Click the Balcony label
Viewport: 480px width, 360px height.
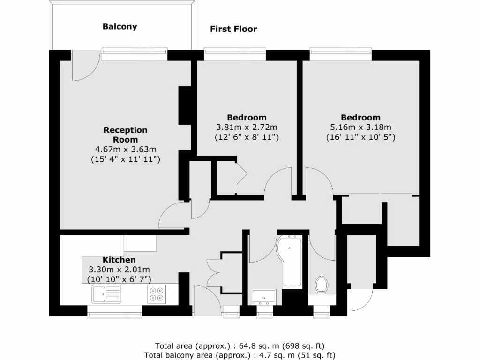tap(120, 27)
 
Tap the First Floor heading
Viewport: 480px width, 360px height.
tap(233, 29)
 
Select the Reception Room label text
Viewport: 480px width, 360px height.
tap(125, 135)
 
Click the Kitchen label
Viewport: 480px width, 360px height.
tap(120, 260)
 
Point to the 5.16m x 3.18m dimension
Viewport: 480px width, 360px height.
tap(360, 127)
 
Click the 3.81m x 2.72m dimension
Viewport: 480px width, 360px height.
tap(247, 127)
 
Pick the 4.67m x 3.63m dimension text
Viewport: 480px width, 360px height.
tap(126, 150)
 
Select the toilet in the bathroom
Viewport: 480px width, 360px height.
tap(322, 285)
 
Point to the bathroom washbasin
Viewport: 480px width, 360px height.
tap(263, 297)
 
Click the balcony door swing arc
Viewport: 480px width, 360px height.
tap(84, 68)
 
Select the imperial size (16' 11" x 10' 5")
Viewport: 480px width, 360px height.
tap(360, 137)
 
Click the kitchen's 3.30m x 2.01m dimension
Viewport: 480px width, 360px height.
tap(120, 270)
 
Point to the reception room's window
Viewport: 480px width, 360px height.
tap(135, 55)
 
